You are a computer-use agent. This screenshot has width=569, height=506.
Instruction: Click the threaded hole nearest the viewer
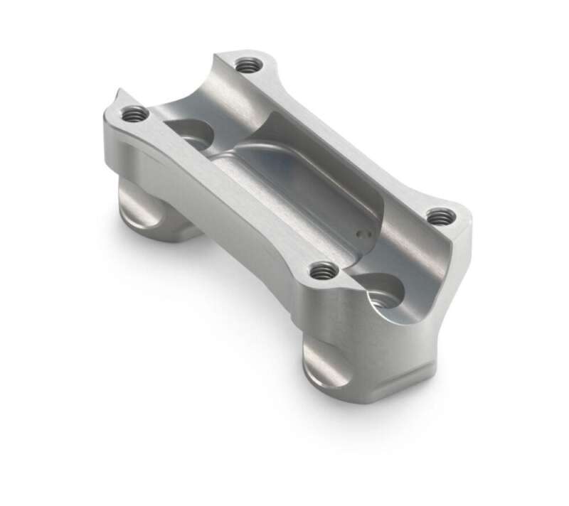[323, 270]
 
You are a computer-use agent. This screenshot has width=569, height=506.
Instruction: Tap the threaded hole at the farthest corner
[247, 65]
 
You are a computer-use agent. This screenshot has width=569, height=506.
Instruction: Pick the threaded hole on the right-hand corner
[441, 215]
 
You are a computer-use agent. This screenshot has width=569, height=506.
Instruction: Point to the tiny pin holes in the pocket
[363, 231]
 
